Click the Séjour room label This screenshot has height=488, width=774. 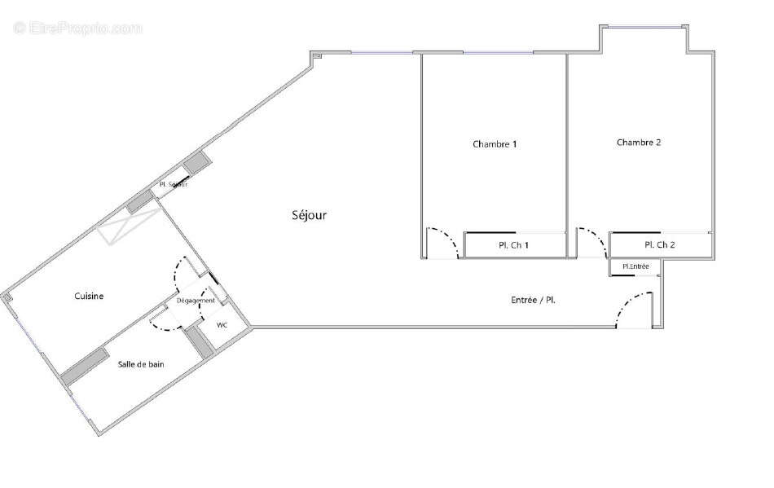tap(310, 215)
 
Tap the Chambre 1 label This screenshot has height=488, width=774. tap(495, 144)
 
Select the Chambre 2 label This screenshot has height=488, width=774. tap(638, 142)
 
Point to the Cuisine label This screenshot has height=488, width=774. tap(89, 297)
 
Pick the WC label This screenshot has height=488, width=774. tap(222, 325)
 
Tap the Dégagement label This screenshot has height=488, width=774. tap(196, 301)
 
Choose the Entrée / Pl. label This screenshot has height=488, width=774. tap(533, 300)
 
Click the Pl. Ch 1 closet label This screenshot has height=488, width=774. tap(514, 245)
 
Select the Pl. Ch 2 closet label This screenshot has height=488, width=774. tap(659, 244)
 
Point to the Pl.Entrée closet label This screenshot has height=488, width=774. tap(635, 266)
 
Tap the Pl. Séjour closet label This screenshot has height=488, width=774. tap(174, 185)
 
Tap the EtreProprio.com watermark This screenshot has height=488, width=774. tap(77, 29)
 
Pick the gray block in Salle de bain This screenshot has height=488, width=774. tap(85, 367)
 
